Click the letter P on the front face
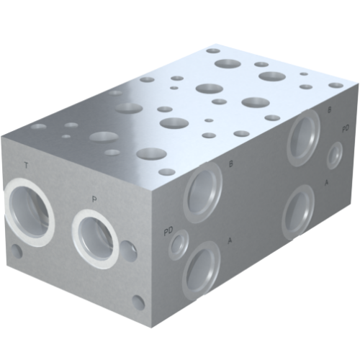click(94, 198)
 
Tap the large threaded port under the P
click(96, 237)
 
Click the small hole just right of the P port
click(130, 251)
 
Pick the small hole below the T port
click(16, 252)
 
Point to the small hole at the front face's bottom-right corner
click(138, 301)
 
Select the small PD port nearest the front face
click(177, 245)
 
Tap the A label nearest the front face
click(230, 239)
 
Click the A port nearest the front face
click(203, 266)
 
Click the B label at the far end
click(329, 109)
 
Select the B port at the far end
click(304, 137)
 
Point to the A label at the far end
click(327, 183)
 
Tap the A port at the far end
click(298, 211)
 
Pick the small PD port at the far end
click(335, 156)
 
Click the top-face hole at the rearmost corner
click(212, 51)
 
